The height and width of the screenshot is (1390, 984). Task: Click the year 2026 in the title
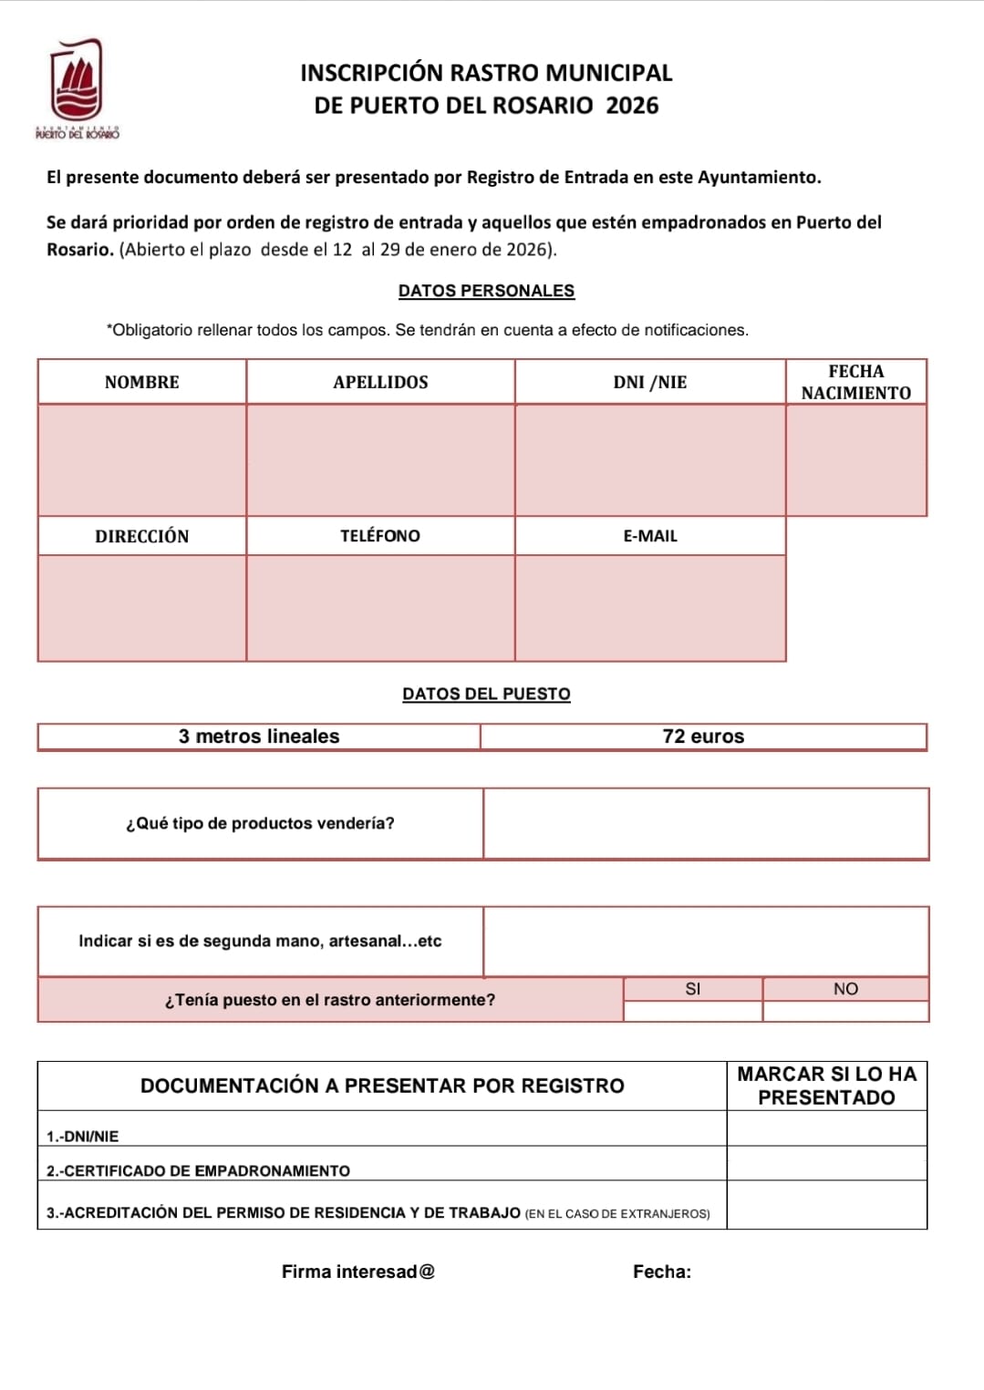(632, 106)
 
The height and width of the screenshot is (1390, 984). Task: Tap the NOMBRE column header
(142, 382)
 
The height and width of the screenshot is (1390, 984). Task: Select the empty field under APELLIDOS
(380, 459)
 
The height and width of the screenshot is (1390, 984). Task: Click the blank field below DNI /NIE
(649, 459)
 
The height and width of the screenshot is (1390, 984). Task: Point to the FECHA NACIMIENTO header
(855, 382)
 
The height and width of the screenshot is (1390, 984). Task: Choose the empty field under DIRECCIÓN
(142, 608)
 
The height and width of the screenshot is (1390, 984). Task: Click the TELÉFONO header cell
(380, 536)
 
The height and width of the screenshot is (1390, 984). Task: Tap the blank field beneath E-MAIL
(649, 608)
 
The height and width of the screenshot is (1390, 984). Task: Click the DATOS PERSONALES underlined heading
(486, 291)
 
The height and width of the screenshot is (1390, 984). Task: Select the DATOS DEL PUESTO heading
(486, 694)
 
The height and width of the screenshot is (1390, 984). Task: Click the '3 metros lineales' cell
(259, 736)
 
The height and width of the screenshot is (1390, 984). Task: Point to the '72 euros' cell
(703, 736)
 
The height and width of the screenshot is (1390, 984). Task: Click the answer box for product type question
(706, 824)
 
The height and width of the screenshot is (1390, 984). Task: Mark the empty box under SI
(693, 1011)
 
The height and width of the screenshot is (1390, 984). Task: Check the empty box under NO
(845, 1011)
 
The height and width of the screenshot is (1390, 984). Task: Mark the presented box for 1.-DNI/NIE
(826, 1128)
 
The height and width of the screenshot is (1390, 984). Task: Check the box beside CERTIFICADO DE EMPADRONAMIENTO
(826, 1164)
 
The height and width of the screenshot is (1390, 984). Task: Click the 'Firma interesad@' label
(358, 1272)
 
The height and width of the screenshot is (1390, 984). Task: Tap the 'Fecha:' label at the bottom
(662, 1272)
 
